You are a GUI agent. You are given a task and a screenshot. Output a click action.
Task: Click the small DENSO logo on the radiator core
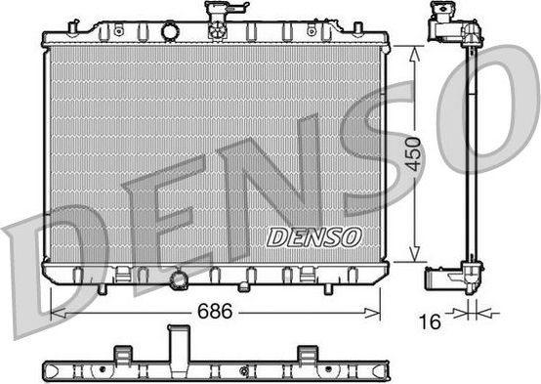[314, 237]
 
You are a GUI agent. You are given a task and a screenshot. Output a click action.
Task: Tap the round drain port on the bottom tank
[178, 282]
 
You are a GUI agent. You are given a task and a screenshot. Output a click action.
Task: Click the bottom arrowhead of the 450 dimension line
[415, 256]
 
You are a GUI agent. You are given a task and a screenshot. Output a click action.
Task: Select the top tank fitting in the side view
[450, 25]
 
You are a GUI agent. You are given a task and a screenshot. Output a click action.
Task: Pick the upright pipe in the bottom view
[179, 346]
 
